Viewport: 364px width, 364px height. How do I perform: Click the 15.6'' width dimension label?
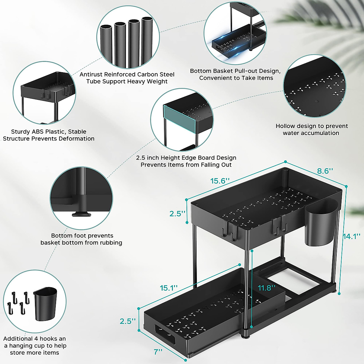pos(220,181)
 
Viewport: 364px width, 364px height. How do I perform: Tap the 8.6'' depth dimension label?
pos(325,171)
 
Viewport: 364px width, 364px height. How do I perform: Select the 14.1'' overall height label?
pos(352,236)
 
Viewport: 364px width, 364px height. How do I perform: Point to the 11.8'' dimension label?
pos(267,288)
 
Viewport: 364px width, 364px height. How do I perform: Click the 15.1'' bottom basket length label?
pos(169,288)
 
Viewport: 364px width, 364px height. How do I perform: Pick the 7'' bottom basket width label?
pos(158,352)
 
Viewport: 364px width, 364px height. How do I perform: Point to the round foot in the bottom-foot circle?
pos(81,214)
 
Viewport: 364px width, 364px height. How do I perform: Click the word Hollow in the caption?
pos(285,126)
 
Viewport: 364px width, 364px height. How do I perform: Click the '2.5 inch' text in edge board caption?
pos(147,158)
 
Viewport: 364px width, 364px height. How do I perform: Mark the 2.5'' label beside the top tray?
pos(177,214)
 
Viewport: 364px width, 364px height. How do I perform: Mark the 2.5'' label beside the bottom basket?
pos(127,321)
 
